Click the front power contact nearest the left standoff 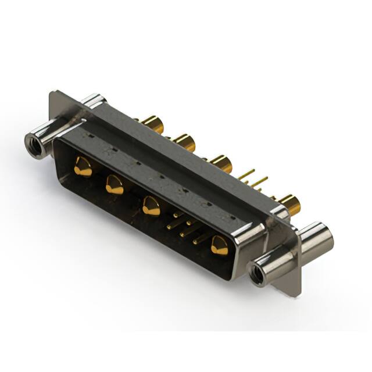(x=83, y=167)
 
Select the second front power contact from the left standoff (x=115, y=185)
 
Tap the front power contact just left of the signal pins (x=151, y=206)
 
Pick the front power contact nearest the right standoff (x=220, y=245)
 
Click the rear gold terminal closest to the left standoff (x=152, y=123)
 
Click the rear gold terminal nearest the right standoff (x=289, y=204)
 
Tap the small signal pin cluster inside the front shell (x=185, y=227)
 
